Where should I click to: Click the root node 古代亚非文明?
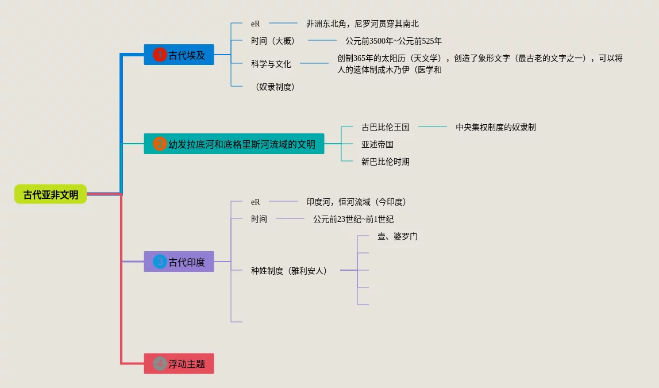(x=51, y=194)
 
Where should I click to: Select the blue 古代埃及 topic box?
(x=179, y=55)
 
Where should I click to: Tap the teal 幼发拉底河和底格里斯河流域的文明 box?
(x=234, y=144)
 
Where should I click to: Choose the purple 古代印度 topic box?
(x=179, y=262)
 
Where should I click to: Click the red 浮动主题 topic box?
(x=179, y=363)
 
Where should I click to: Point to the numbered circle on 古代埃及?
(x=160, y=55)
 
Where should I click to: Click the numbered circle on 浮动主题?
(x=160, y=363)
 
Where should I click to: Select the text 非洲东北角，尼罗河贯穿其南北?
(x=362, y=24)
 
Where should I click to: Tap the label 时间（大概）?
(x=272, y=41)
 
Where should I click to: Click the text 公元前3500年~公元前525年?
(x=393, y=41)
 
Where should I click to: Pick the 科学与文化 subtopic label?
(x=271, y=64)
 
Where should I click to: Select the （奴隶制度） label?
(x=275, y=87)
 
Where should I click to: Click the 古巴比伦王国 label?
(x=385, y=127)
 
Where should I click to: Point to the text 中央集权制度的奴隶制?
(x=495, y=127)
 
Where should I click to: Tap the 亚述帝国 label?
(x=377, y=144)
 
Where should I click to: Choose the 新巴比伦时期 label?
(x=385, y=162)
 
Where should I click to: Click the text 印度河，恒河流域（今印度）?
(x=356, y=202)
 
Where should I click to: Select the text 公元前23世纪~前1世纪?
(x=353, y=219)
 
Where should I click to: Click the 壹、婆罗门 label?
(x=397, y=236)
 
